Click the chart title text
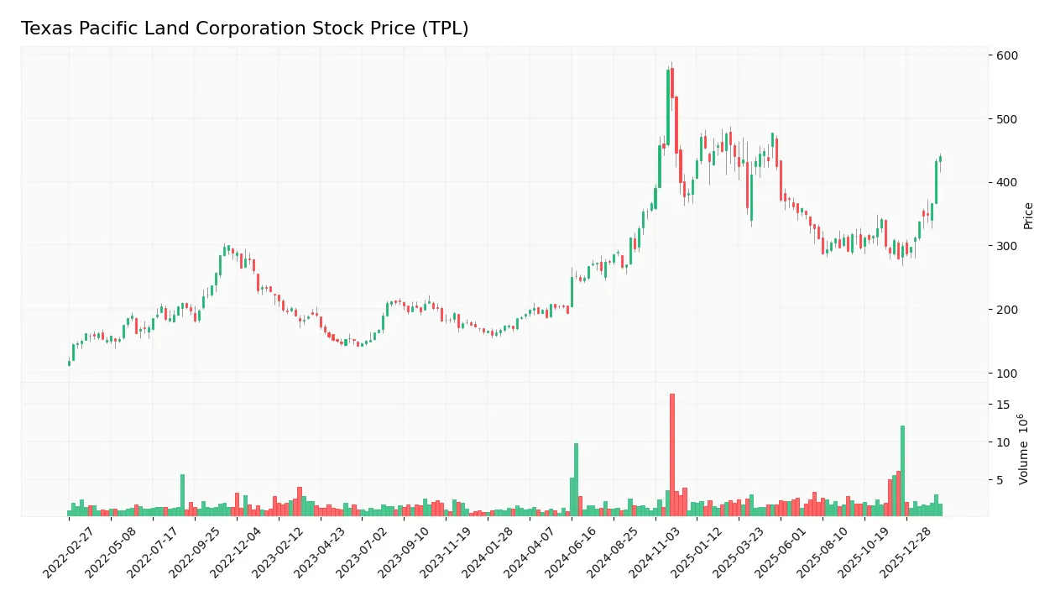click(x=244, y=29)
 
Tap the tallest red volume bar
click(x=672, y=453)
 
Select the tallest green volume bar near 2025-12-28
click(x=902, y=470)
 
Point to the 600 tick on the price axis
click(x=1007, y=55)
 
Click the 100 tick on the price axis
click(x=1007, y=373)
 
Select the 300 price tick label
click(x=1007, y=246)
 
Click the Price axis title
click(x=1028, y=216)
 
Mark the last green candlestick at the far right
click(x=940, y=159)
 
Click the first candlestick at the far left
click(x=69, y=363)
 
